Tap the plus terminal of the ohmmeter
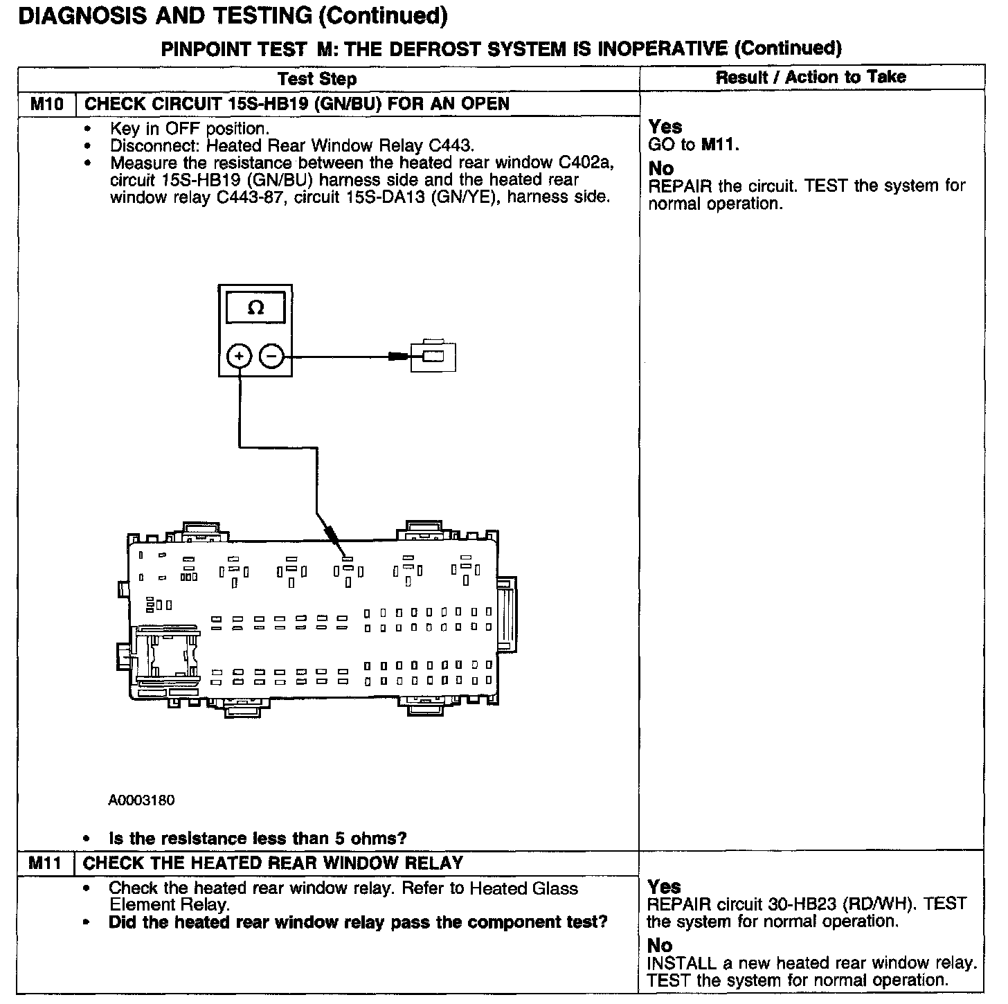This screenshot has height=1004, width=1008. [x=239, y=357]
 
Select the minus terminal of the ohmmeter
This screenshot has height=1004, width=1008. [x=272, y=357]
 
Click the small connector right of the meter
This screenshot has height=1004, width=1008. [x=434, y=357]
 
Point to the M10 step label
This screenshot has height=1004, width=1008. [x=47, y=105]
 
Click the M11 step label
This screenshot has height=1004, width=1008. [x=46, y=863]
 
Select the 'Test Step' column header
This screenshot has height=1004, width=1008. [x=317, y=79]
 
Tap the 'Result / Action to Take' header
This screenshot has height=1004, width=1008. [x=811, y=77]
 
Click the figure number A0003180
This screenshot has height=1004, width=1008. [x=141, y=800]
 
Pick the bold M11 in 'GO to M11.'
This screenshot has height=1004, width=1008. [x=720, y=145]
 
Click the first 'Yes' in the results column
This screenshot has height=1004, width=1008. [x=665, y=127]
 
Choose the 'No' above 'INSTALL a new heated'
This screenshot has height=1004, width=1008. [x=660, y=945]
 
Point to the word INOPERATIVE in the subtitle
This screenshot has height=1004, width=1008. [x=657, y=48]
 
